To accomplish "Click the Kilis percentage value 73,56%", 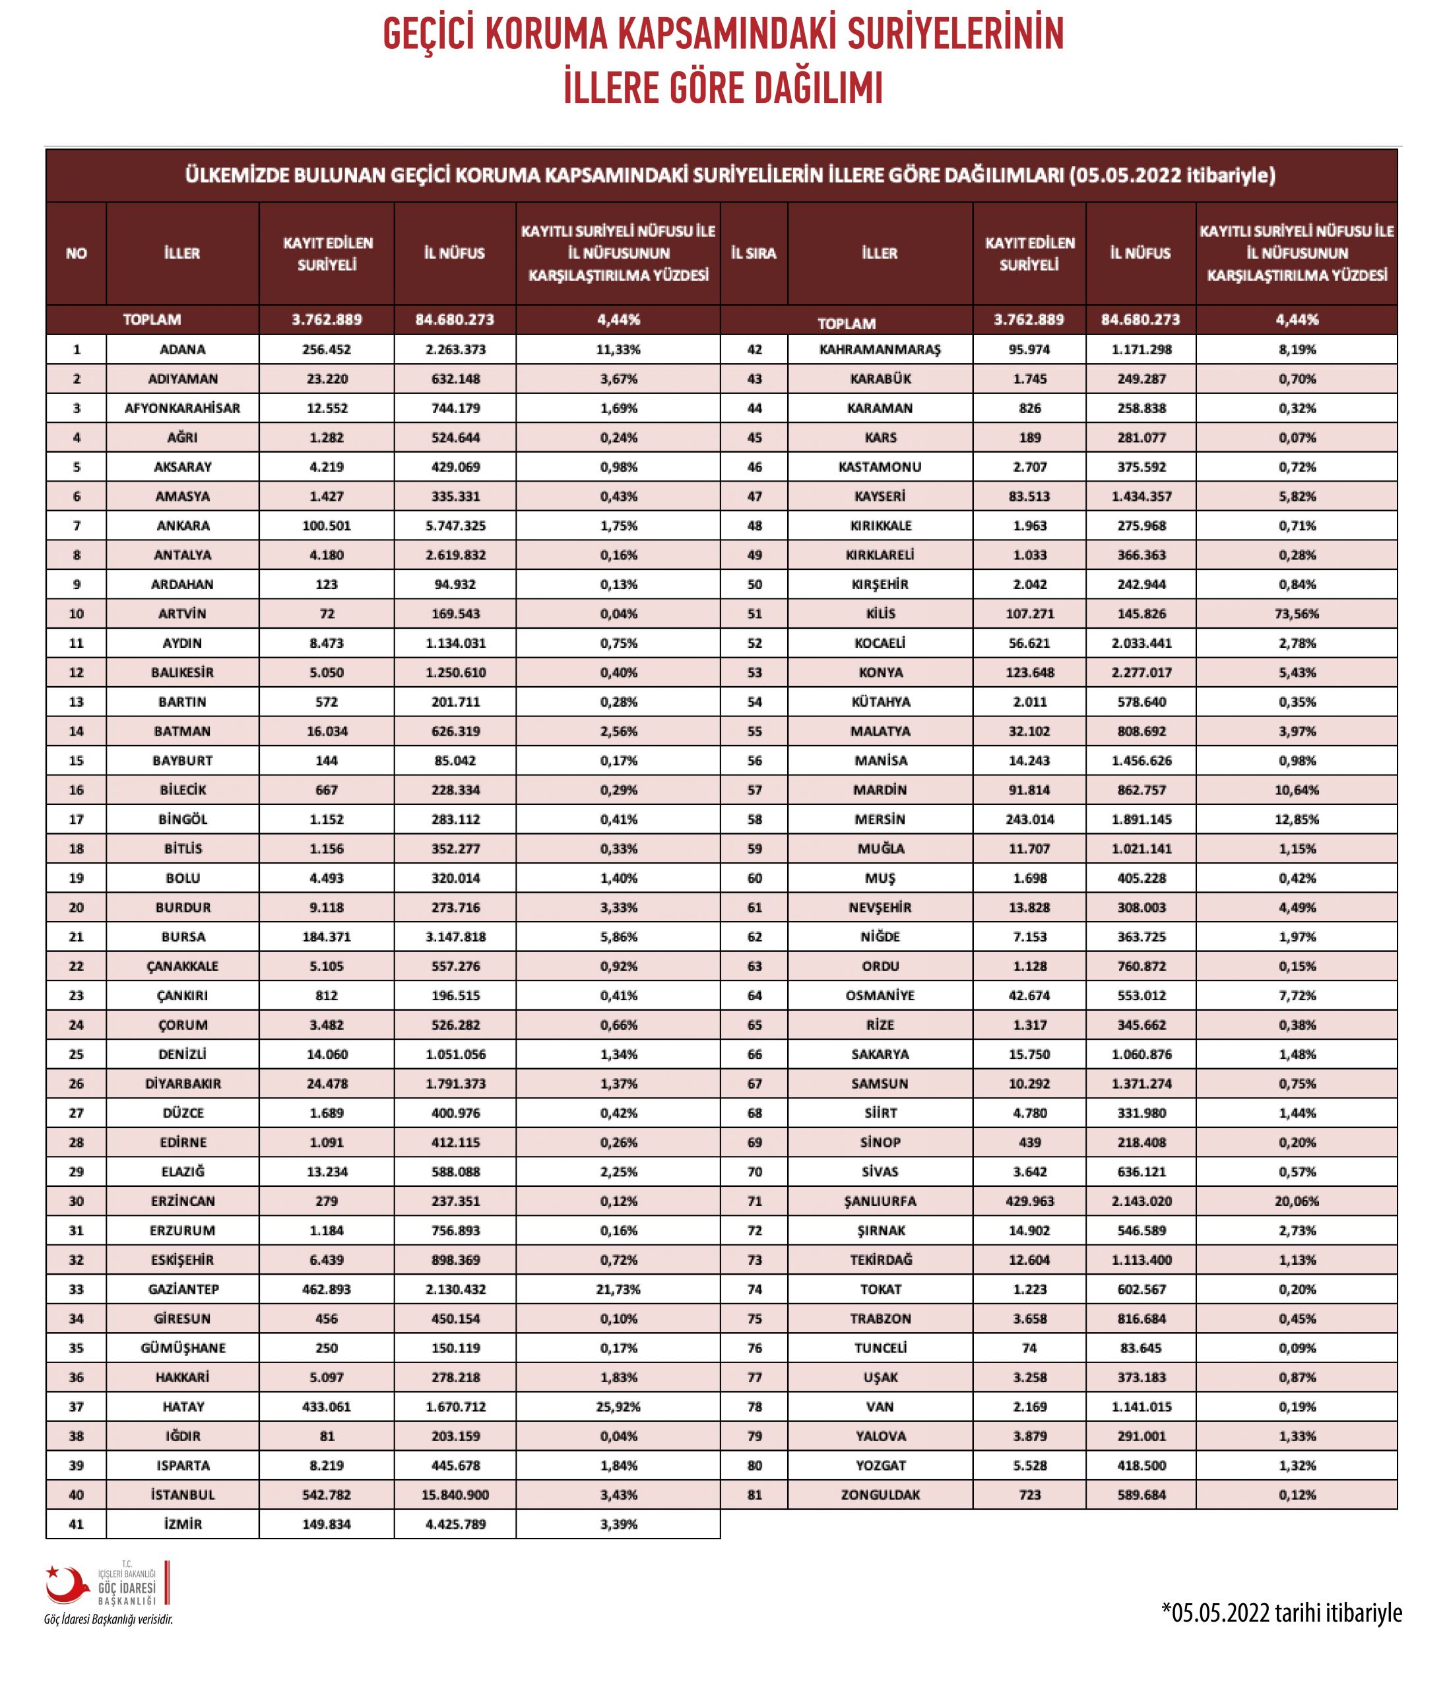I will coord(1296,614).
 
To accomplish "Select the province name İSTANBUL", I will coord(183,1495).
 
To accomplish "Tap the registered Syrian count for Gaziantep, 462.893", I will coord(327,1289).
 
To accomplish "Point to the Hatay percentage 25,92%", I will coord(619,1406).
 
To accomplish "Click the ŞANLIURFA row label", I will coord(880,1201).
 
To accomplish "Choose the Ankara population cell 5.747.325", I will coord(455,526).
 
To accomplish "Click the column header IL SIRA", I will coord(754,253).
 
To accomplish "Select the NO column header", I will coord(76,253).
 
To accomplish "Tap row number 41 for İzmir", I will coord(76,1524).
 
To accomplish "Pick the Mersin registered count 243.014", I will coord(1029,819).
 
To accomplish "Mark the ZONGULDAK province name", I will coord(880,1495).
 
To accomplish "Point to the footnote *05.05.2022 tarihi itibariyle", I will coord(1281,1612).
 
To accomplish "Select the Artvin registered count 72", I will coord(327,614).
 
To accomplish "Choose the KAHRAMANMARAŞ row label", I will coord(880,350).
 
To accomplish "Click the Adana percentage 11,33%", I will coord(619,350).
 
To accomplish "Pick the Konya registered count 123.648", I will coord(1029,672).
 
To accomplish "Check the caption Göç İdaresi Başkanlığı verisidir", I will coord(108,1619).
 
